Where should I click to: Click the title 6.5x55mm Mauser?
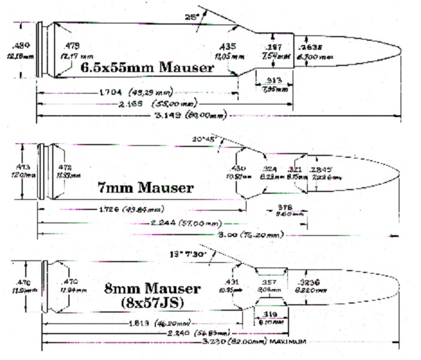(x=147, y=68)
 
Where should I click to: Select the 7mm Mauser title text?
(x=145, y=188)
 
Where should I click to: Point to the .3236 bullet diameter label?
(x=312, y=282)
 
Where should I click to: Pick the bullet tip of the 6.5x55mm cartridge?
(x=401, y=49)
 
